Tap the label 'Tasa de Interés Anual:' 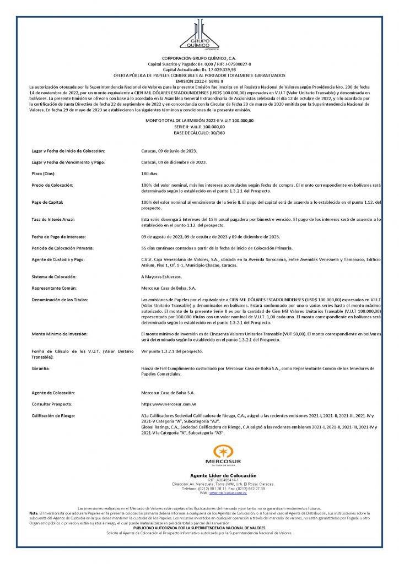coord(53,219)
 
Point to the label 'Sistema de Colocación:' coord(53,276)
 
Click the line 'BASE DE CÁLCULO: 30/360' coord(199,133)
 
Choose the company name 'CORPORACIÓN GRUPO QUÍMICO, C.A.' coord(199,58)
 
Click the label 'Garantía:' coord(42,367)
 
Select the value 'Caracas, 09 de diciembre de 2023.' coord(174,162)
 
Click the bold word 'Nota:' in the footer coord(34,513)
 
